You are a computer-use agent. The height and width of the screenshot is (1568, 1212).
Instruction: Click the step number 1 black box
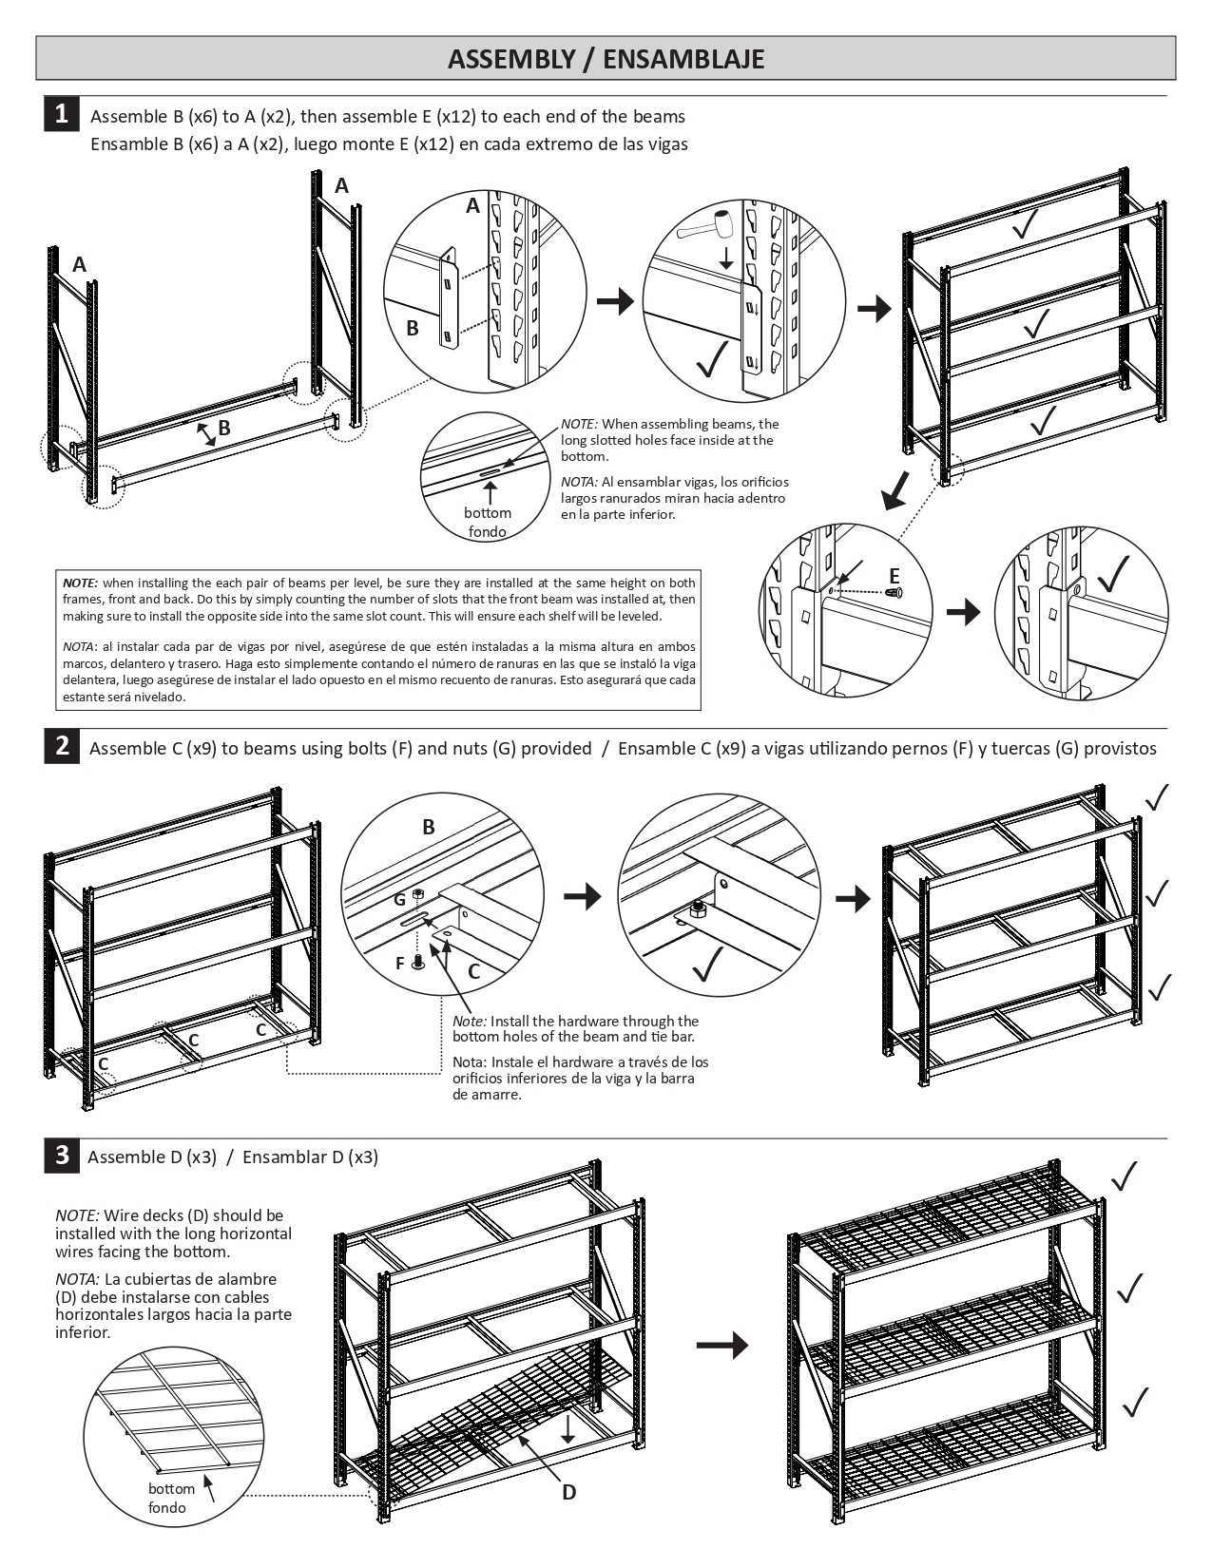click(x=61, y=114)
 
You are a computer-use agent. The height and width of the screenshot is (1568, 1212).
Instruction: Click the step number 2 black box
click(x=62, y=746)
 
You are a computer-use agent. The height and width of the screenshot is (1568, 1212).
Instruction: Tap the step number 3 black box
click(x=62, y=1155)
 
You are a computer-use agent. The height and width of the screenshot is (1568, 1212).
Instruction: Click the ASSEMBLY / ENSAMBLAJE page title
click(x=606, y=59)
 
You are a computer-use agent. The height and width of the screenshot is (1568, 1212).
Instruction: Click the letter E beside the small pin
click(x=894, y=576)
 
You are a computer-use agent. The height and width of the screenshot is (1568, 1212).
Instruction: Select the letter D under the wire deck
click(x=568, y=1492)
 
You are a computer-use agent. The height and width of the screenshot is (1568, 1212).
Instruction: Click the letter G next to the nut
click(x=400, y=898)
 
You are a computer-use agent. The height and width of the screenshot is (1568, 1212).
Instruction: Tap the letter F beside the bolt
click(x=400, y=964)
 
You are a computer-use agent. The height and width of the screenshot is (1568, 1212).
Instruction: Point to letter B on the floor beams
click(x=224, y=428)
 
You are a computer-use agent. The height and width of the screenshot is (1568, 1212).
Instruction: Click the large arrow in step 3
click(x=721, y=1345)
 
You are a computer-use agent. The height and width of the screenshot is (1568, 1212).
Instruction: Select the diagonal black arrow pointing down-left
click(x=894, y=490)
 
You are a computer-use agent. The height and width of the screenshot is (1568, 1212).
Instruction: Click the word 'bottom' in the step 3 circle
click(x=171, y=1488)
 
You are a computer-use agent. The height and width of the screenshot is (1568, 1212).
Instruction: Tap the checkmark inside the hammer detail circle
click(x=711, y=358)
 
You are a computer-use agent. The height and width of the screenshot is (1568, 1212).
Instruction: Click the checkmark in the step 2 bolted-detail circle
click(x=708, y=966)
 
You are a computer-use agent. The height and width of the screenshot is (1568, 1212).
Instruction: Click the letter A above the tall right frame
click(x=341, y=186)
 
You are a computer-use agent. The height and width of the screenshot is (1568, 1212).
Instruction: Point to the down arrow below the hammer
click(x=725, y=258)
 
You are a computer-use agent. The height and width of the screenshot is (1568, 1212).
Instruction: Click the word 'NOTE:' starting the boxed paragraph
click(x=80, y=583)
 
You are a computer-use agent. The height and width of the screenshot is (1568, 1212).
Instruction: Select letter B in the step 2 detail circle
click(x=428, y=827)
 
